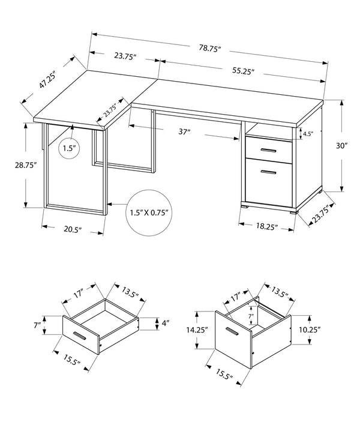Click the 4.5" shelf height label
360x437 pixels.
click(307, 134)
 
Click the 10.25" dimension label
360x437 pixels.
click(311, 329)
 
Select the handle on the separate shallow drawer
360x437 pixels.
click(80, 334)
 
